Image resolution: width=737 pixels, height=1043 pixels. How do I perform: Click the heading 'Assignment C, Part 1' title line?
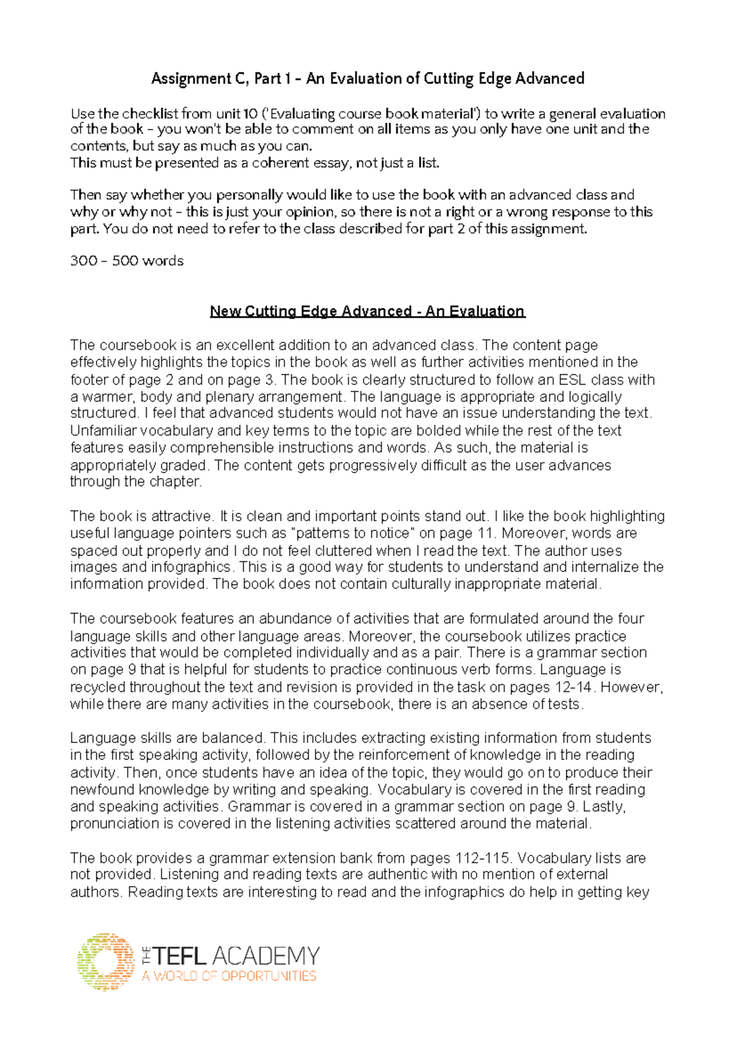(367, 79)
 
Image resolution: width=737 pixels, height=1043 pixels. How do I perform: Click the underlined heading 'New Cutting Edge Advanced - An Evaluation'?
(367, 311)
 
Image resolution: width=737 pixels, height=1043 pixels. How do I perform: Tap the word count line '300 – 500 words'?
(127, 261)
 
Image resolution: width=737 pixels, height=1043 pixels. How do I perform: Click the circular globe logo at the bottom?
(106, 962)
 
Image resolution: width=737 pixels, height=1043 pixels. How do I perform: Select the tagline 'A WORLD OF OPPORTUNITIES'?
(228, 976)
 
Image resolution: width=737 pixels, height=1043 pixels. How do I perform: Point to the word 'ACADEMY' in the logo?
(266, 956)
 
